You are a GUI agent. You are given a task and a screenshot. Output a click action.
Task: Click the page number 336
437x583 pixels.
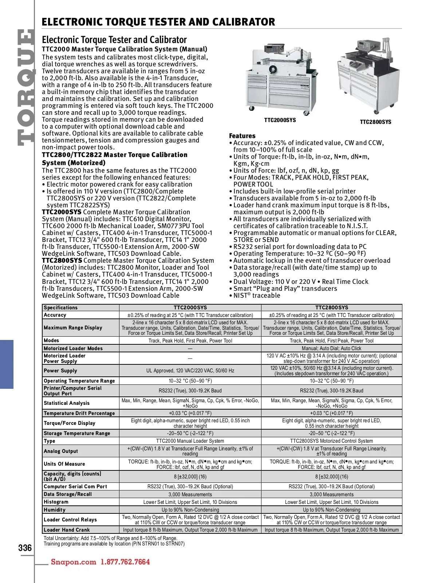coord(25,548)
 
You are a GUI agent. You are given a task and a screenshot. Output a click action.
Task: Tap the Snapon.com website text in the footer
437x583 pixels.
coord(74,562)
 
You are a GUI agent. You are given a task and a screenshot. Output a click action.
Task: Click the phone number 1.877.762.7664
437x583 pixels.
coord(125,562)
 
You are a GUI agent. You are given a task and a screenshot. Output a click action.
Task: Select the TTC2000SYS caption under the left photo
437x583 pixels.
coord(280,120)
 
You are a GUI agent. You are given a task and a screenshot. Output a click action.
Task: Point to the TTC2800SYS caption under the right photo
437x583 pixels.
coord(375,122)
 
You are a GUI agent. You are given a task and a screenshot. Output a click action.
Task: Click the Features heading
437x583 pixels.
coord(242,136)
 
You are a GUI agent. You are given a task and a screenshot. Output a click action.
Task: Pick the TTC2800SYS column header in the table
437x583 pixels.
coord(331,308)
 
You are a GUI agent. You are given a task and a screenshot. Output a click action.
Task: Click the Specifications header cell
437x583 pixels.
coord(61,308)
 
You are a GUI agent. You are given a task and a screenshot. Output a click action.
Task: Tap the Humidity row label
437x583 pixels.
coord(55,510)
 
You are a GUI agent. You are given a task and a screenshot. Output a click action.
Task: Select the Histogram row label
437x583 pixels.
coord(56,502)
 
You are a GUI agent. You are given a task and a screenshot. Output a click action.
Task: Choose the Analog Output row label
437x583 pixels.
coord(61,451)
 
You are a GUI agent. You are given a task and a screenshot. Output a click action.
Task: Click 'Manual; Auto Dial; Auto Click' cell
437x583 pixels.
coord(331,348)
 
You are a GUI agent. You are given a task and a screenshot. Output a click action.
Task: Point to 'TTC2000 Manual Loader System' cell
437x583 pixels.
coord(190,441)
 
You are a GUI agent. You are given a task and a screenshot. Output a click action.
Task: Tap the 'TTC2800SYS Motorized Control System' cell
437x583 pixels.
coord(331,441)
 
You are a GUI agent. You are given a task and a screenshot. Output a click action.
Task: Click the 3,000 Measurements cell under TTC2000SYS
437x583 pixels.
coord(190,494)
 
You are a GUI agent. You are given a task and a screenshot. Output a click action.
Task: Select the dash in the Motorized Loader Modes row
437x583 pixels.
coord(190,348)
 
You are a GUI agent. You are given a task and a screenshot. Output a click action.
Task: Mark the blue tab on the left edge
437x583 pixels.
coord(7,364)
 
